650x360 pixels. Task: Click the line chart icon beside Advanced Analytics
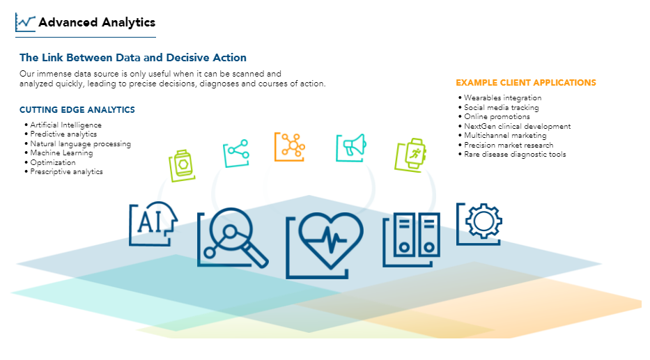[x=25, y=22]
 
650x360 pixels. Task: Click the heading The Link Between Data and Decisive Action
[x=133, y=58]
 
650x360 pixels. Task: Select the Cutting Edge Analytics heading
[x=77, y=110]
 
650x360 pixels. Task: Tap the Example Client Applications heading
[x=525, y=83]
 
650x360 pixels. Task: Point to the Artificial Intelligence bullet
[x=65, y=125]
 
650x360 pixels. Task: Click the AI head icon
[x=153, y=224]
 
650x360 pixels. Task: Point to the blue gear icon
[x=479, y=224]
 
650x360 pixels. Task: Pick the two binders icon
[x=411, y=240]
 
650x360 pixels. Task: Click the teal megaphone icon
[x=351, y=148]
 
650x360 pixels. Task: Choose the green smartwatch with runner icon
[x=410, y=155]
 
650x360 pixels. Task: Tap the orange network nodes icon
[x=290, y=147]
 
